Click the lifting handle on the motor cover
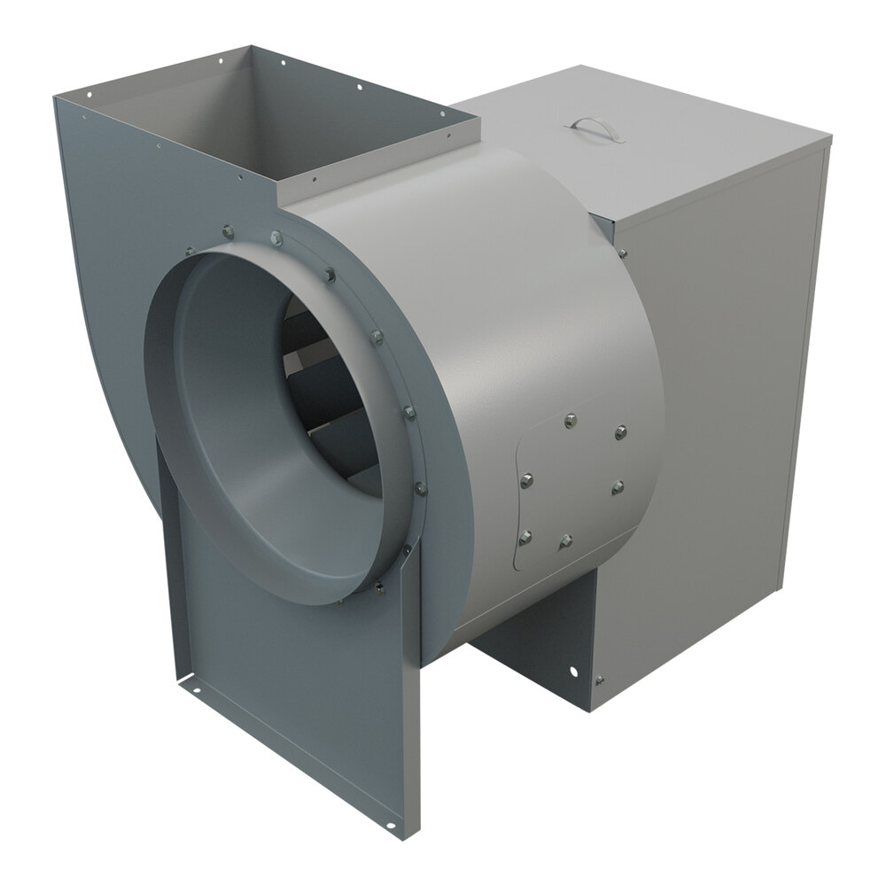point(599,127)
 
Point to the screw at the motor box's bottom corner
point(600,680)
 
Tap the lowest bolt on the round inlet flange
point(379,586)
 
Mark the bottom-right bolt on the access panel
point(565,540)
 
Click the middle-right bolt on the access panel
point(618,486)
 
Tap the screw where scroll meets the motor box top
point(623,254)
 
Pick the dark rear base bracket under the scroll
point(532,638)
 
